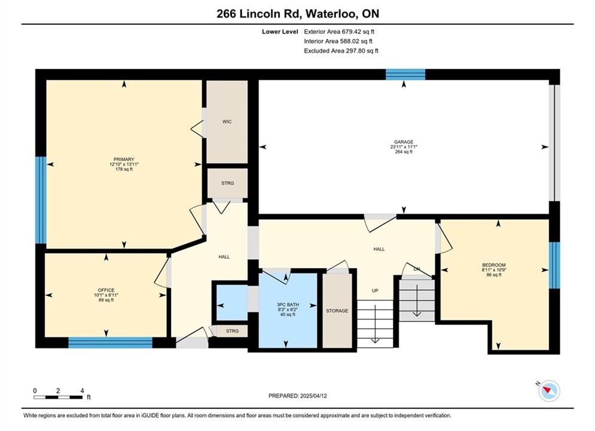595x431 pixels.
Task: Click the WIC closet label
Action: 227,122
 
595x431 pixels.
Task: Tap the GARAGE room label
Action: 404,142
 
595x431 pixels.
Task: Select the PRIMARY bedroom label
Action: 124,159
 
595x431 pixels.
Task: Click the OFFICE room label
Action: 106,290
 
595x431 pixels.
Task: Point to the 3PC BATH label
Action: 288,305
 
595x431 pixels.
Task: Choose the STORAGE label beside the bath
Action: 337,311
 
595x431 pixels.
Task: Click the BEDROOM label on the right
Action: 494,265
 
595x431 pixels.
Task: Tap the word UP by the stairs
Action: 375,290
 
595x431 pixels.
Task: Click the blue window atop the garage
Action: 405,74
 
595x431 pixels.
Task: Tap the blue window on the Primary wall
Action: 41,200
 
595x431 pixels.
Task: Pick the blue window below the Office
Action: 111,342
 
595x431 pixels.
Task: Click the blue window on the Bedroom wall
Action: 554,265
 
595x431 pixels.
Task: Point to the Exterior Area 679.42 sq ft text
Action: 339,32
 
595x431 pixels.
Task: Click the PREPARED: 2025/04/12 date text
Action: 298,396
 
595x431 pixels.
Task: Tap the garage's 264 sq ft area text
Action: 404,152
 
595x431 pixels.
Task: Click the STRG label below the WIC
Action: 228,183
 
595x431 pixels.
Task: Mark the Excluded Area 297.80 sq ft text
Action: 341,51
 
